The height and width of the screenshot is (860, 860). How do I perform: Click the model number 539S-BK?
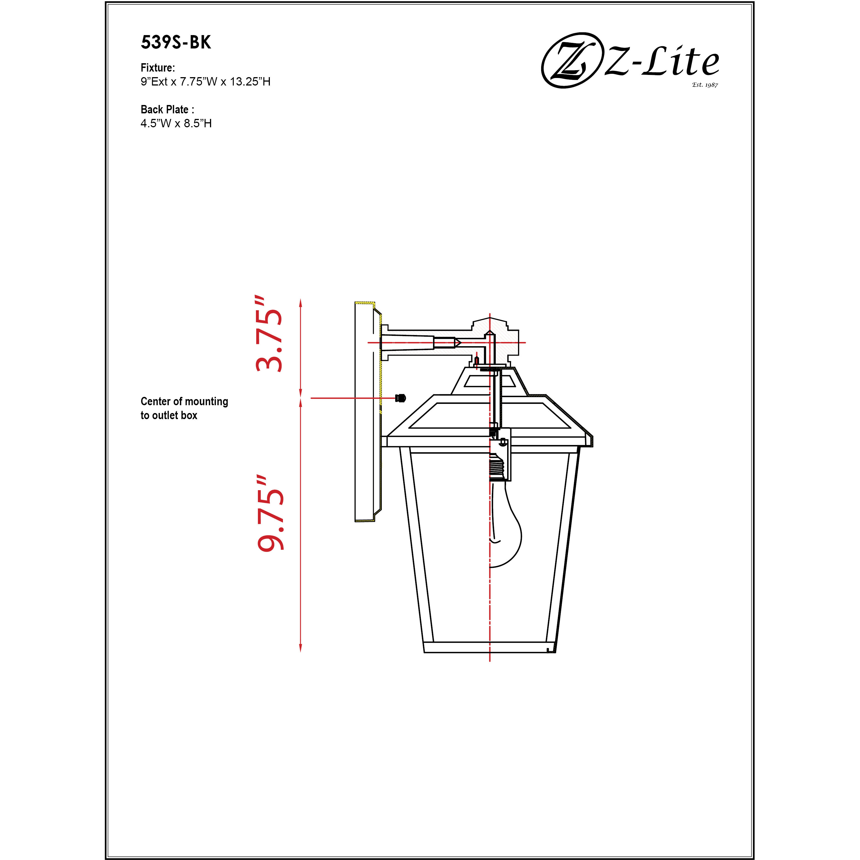pyautogui.click(x=176, y=42)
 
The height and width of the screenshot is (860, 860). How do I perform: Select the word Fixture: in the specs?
pyautogui.click(x=158, y=68)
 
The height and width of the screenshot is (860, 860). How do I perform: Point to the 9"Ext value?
pyautogui.click(x=154, y=82)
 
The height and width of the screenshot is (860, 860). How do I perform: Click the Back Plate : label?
pyautogui.click(x=167, y=109)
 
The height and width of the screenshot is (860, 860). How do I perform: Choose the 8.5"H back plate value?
pyautogui.click(x=198, y=123)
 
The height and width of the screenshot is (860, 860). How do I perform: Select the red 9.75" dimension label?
pyautogui.click(x=270, y=514)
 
